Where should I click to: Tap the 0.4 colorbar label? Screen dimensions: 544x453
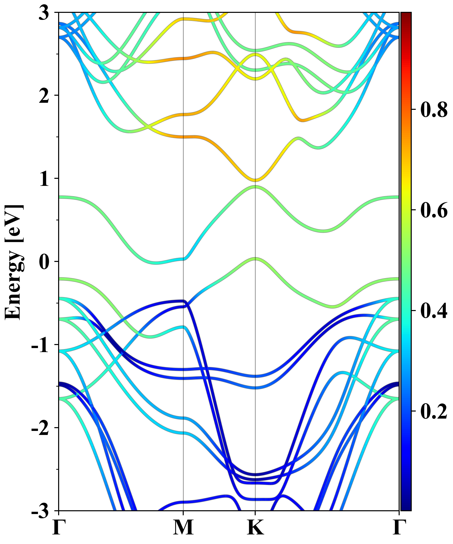tap(434, 311)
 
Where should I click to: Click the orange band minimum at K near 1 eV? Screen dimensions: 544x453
tap(255, 180)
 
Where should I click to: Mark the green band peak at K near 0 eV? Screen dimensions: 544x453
tap(255, 259)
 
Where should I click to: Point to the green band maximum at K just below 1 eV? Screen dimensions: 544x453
tap(255, 187)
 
